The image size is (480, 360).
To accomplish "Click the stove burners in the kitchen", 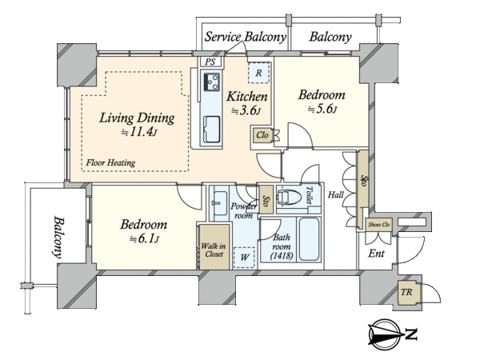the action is click(211, 82).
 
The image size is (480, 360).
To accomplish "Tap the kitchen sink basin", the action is click(212, 129).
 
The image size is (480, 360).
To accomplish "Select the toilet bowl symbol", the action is click(289, 197).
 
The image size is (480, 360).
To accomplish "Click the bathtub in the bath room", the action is click(309, 239).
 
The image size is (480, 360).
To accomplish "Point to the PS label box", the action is click(210, 62).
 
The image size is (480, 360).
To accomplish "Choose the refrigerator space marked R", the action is click(258, 73).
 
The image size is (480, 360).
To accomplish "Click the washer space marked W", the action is click(244, 258).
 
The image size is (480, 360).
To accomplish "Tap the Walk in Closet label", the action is click(214, 250).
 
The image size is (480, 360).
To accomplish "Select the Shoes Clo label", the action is click(378, 224).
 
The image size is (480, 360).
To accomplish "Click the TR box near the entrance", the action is click(406, 292).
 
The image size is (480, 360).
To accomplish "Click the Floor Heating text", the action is click(110, 162).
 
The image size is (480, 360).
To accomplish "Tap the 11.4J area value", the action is click(139, 132).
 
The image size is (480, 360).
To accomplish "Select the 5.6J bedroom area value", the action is click(322, 109).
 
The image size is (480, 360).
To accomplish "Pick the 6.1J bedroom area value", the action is click(144, 238).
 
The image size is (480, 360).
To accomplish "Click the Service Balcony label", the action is click(246, 37).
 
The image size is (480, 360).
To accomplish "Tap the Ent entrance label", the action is click(376, 254).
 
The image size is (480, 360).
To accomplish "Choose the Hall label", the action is click(336, 194).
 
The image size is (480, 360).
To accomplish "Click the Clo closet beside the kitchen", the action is click(262, 135).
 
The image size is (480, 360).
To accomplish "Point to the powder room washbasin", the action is click(220, 203).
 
